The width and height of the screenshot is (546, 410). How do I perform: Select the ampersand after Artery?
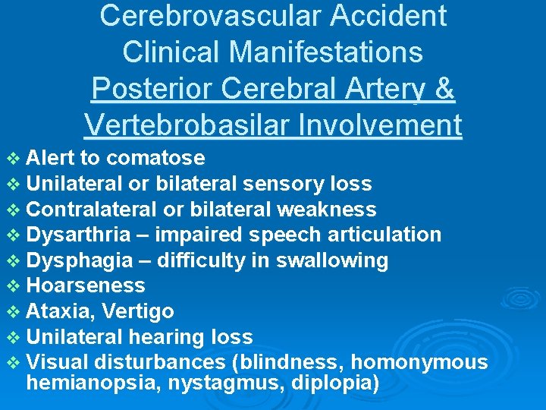[x=444, y=89]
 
